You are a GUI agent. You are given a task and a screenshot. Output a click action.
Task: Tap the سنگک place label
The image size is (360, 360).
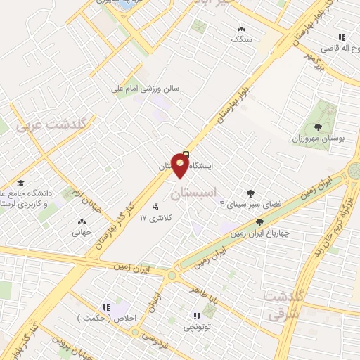coord(241,39)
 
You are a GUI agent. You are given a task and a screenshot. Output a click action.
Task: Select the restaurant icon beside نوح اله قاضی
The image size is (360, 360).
coord(341,37)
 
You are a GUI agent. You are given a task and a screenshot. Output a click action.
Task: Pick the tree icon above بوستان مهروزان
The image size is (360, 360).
coord(318,127)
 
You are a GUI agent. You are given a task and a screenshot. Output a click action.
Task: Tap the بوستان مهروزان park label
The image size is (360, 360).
coord(320,139)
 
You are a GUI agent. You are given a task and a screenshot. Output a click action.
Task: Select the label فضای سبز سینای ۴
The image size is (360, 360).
coord(243,204)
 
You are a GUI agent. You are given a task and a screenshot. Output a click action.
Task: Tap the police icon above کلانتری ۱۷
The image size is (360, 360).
coord(155,207)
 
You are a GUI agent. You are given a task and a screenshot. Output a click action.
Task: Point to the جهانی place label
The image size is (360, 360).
coord(82,231)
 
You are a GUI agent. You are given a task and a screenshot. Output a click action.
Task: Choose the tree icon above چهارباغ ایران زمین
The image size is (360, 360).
coord(259,223)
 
